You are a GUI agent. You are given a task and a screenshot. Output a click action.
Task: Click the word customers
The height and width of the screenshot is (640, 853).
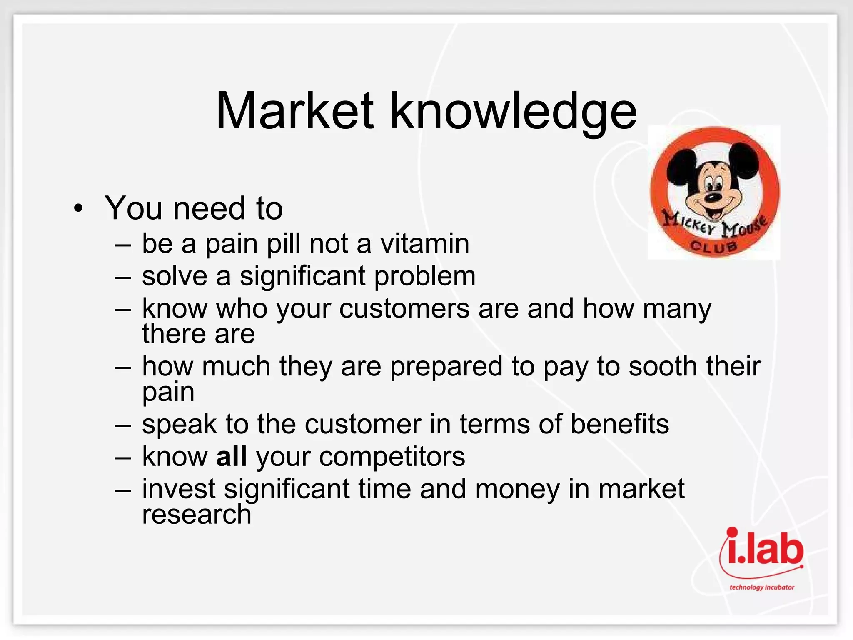click(404, 309)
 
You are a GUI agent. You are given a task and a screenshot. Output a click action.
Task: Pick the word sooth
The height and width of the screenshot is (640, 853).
click(663, 367)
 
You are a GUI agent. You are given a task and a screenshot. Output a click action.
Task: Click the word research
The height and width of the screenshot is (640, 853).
click(197, 515)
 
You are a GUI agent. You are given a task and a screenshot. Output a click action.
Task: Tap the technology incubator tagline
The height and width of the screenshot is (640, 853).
click(762, 587)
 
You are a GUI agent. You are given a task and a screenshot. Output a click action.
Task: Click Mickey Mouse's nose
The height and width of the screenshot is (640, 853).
click(713, 197)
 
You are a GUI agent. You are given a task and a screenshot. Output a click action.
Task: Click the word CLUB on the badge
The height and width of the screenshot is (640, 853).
click(714, 246)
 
